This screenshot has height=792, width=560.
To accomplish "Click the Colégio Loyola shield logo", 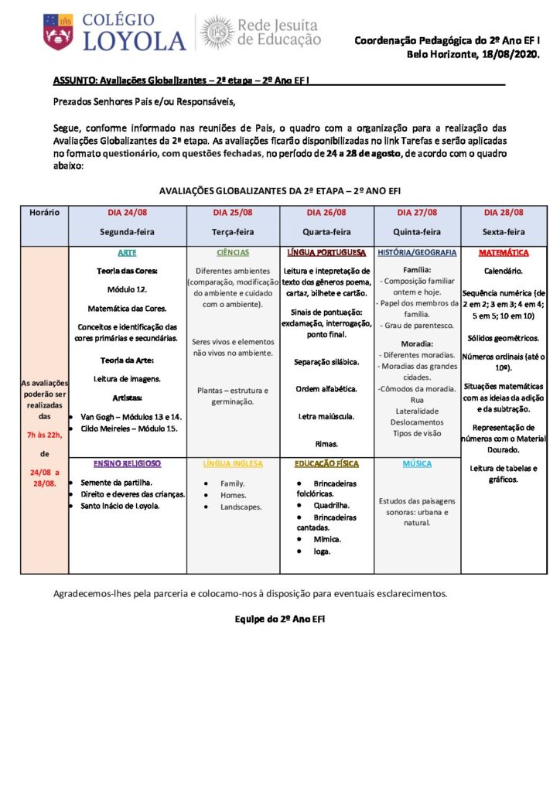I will pos(58,31).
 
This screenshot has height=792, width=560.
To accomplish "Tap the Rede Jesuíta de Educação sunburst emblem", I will pos(217,32).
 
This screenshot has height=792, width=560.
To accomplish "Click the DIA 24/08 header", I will pos(127,212).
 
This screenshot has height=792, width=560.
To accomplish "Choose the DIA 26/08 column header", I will pos(326,212).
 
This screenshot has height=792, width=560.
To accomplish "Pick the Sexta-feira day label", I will pos(504,231).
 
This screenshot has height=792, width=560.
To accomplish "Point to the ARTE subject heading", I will pos(127,253).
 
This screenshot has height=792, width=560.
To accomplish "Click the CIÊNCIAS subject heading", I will pos(233,253).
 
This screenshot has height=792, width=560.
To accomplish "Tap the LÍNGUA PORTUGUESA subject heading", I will pos(326,253).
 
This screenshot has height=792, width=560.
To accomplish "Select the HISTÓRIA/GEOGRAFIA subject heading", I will pos(417,253).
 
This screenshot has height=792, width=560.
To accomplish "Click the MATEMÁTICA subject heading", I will pos(504,253).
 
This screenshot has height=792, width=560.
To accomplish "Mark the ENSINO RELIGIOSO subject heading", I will pos(127,463).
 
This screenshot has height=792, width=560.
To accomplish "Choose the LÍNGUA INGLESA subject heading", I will pos(233,463).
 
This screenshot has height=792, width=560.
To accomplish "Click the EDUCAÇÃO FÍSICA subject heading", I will pos(326,463).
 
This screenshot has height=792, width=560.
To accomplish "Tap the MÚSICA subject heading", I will pos(417,463).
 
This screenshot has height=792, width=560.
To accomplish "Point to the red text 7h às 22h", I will pos(44,435).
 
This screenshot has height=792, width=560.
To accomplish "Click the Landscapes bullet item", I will pos(241,507).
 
